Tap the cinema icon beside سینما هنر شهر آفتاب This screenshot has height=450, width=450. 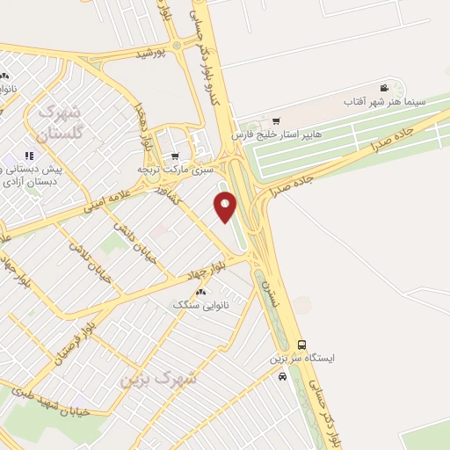point(384,88)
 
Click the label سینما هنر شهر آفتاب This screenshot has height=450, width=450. point(390,103)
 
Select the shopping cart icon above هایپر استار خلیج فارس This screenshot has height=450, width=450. point(277,120)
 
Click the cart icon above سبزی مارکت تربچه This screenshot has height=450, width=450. point(174,156)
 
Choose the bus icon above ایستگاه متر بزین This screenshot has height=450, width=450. point(303,345)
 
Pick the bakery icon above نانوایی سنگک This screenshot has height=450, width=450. point(201,293)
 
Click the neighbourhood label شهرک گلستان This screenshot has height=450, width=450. point(61,121)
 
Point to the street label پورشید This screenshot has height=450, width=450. point(150,54)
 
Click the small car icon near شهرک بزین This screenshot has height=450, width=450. point(281,377)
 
